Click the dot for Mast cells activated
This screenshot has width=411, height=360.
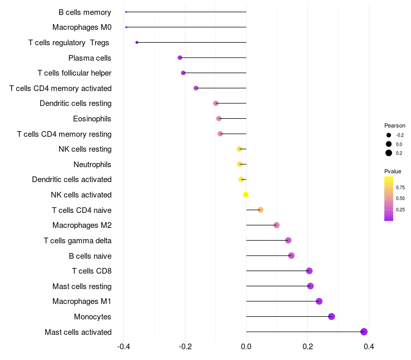(364, 332)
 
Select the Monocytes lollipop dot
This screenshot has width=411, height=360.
(331, 316)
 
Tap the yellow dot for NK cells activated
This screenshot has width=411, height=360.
(246, 195)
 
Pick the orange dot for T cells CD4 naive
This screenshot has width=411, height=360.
(260, 210)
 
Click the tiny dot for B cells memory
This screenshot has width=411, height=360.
(126, 12)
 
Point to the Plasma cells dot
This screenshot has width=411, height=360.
(180, 58)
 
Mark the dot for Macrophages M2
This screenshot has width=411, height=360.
(276, 225)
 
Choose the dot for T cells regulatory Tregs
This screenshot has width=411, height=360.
(137, 42)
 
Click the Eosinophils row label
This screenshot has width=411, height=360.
(92, 119)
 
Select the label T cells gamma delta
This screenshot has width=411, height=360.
(78, 241)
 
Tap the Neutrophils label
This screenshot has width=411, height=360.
(92, 165)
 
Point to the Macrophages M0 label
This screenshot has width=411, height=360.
(82, 27)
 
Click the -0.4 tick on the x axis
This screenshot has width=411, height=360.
(123, 347)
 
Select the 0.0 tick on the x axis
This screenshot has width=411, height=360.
(246, 347)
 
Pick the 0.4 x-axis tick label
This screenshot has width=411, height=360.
(369, 347)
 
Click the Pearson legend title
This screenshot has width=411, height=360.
(395, 125)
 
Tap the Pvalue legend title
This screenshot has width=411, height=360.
(393, 171)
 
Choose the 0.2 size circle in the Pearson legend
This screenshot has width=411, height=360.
(389, 153)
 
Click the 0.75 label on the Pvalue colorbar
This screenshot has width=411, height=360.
(400, 187)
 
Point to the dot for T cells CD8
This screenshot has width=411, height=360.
(309, 271)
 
